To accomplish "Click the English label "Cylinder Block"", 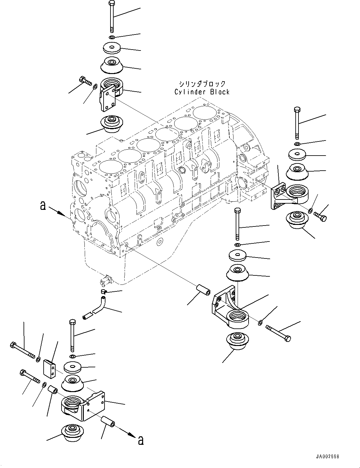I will pos(202,92).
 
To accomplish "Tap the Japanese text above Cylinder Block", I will pos(202,84).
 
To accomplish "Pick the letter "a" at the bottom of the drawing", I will pos(141,441).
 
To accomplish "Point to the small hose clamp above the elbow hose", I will pos(104,292).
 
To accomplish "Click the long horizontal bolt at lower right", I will pos(279,333).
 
